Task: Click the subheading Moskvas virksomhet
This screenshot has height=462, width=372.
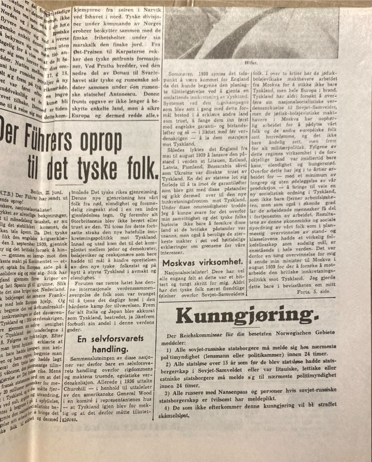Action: pos(203,262)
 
